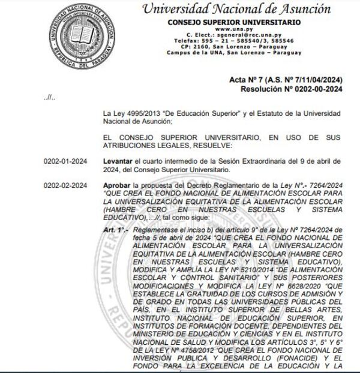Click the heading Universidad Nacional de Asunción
point(236,10)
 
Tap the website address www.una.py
point(236,29)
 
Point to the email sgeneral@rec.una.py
point(236,35)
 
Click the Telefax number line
point(236,41)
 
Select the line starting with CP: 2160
point(236,46)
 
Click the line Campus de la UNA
point(236,52)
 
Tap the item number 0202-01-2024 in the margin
point(65,161)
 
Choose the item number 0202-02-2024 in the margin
point(65,185)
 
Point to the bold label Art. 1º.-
point(116,230)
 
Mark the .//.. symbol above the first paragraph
point(49,98)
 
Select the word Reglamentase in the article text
point(154,230)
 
